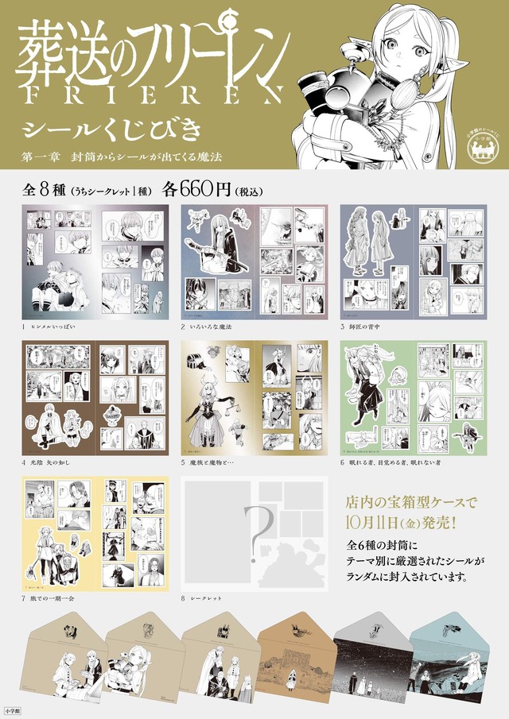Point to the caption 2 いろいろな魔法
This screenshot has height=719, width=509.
[209, 327]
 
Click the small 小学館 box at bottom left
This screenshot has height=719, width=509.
[12, 705]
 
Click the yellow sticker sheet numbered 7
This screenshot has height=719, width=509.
[95, 532]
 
